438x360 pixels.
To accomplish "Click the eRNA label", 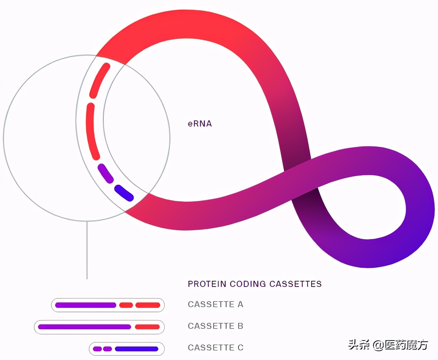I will [200, 124].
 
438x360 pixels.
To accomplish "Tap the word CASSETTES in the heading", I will [295, 284].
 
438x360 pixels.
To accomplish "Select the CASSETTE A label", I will [215, 305].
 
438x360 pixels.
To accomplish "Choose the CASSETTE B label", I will [215, 326].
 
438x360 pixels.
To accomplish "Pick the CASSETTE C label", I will [215, 348].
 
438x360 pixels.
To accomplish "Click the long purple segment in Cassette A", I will [86, 305].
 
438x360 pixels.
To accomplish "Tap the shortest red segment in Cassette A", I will [126, 305].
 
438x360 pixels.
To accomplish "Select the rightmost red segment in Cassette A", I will [148, 305].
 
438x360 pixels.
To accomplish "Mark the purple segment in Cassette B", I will [84, 327].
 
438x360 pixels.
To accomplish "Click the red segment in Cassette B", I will [147, 327].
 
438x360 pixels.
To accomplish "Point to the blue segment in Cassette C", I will [137, 349].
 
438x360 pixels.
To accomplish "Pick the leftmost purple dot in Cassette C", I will [97, 349].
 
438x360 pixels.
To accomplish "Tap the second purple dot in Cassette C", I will [107, 349].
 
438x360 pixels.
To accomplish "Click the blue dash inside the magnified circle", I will [124, 193].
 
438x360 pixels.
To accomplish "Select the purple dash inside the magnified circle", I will [105, 173].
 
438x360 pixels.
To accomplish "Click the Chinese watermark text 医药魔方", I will [406, 345].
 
